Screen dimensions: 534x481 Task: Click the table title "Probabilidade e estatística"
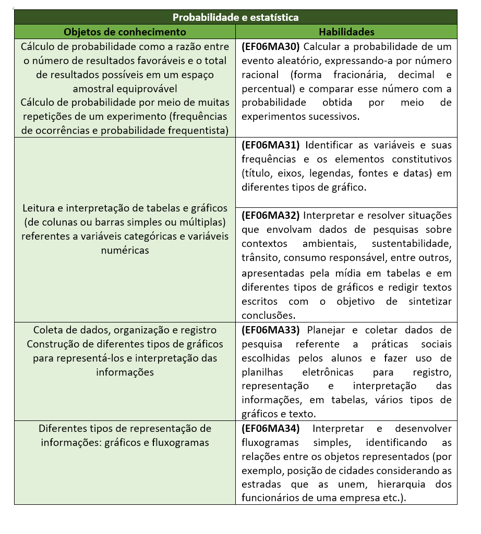236,17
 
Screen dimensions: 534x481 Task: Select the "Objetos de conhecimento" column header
125,32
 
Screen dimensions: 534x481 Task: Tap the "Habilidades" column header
346,32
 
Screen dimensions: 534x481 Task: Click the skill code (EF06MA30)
271,46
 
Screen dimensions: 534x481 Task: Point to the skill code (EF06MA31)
271,145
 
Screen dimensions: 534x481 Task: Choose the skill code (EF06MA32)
271,215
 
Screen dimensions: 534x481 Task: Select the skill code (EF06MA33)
271,330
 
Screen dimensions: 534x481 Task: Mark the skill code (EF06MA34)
271,428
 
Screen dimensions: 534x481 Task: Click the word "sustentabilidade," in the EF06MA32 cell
412,243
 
